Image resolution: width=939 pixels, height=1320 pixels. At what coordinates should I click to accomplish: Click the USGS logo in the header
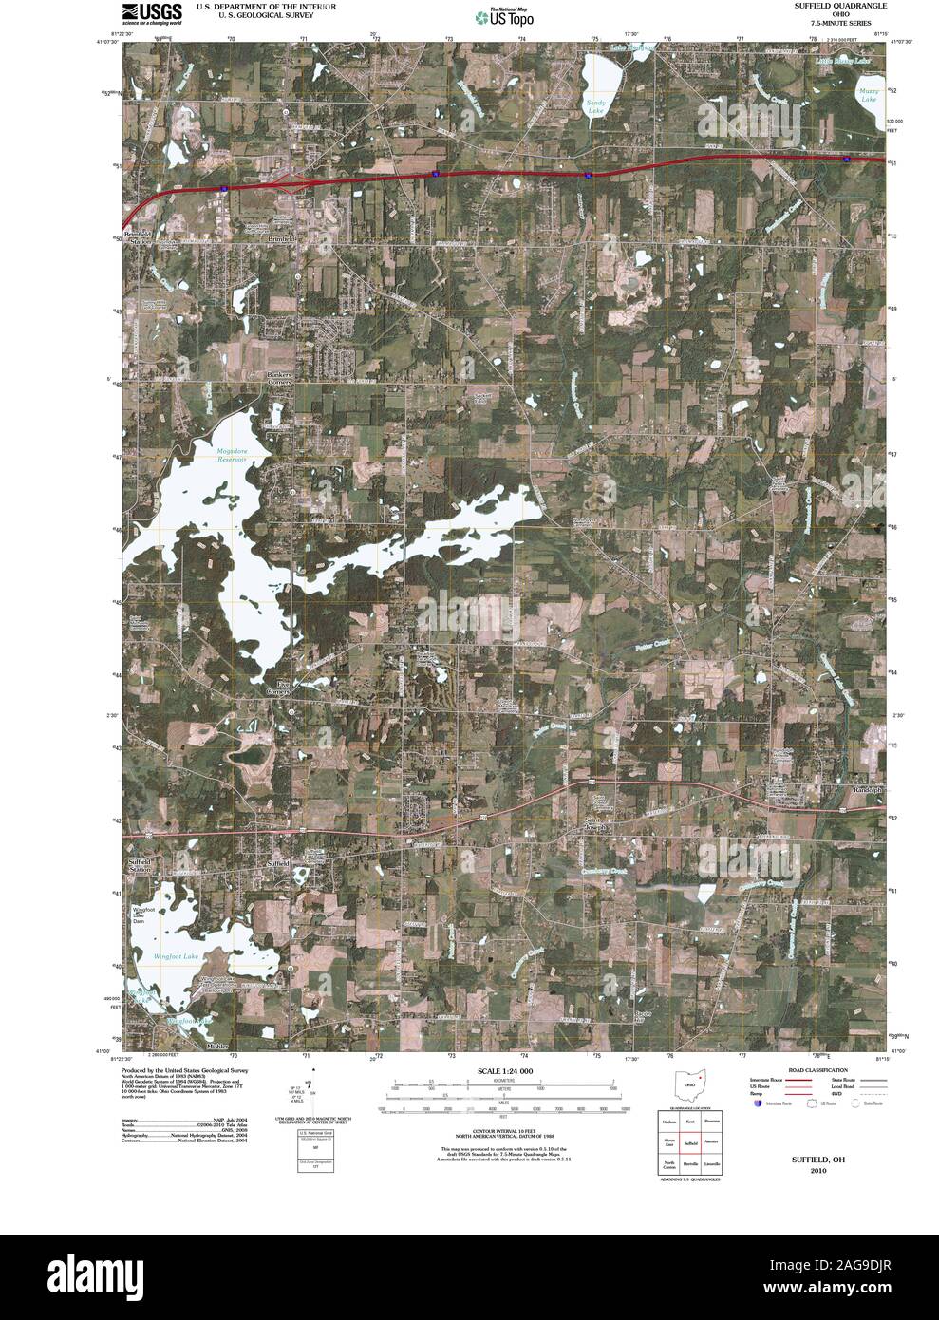(151, 12)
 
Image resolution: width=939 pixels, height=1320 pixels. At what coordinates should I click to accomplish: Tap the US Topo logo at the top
(504, 16)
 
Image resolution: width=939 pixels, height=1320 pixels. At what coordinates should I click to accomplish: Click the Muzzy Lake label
(870, 95)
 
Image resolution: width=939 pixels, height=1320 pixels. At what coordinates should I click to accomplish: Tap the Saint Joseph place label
(594, 822)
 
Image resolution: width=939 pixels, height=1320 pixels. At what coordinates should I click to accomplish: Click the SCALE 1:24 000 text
(504, 1070)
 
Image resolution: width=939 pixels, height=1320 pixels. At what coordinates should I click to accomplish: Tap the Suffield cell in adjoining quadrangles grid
(690, 1144)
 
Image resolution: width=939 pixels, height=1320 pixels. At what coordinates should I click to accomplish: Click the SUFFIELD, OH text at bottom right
(818, 1160)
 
